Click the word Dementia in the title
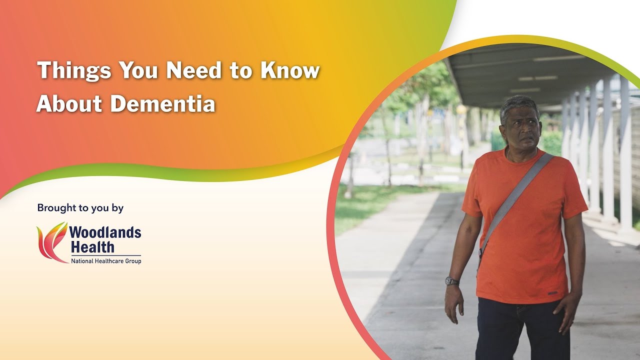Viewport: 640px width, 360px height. pos(163,104)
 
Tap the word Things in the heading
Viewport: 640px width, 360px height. pos(73,70)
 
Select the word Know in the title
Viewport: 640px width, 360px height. pos(290,70)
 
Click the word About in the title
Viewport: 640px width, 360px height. pos(69,104)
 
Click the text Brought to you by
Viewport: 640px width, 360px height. pos(80,208)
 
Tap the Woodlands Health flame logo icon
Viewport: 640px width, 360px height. pos(51,242)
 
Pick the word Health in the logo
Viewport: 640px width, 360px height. pos(92,246)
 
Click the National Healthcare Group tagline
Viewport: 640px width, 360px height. pos(105,260)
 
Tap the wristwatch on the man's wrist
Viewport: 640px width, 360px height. pos(452,280)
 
